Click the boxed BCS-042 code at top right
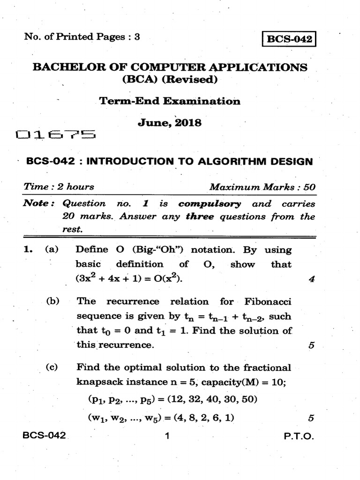click(289, 39)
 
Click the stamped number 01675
click(56, 136)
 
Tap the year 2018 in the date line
click(187, 123)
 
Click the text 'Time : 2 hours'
click(59, 187)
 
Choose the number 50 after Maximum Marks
click(309, 187)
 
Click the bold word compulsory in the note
click(210, 204)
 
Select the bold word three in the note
click(200, 217)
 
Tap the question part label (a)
click(51, 250)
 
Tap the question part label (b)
click(51, 301)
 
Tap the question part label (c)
click(51, 367)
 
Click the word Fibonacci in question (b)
click(268, 301)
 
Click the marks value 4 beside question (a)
click(311, 280)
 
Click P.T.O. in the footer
click(298, 436)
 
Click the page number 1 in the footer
click(166, 436)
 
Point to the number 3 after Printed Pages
click(137, 37)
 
